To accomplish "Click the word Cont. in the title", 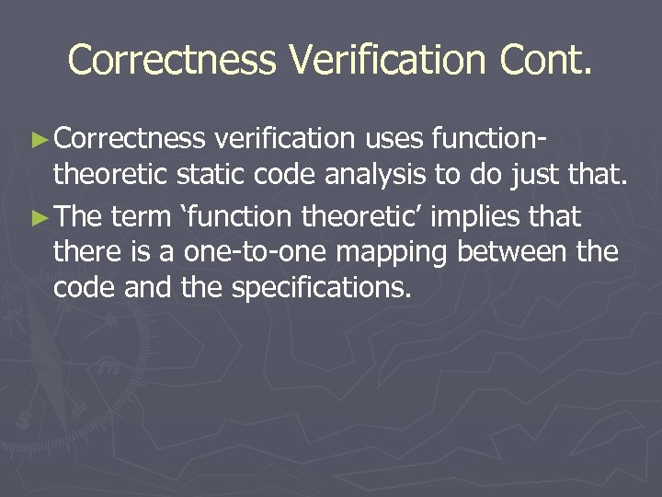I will coord(546,61).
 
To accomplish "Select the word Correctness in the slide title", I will coord(172,61).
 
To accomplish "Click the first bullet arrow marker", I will coord(39,139).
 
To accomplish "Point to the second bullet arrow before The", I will coord(39,218).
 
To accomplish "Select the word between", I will coord(513,253).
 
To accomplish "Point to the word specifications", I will coord(320,288).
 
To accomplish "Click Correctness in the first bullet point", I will coord(130,139).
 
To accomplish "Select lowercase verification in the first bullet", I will coord(284,139).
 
